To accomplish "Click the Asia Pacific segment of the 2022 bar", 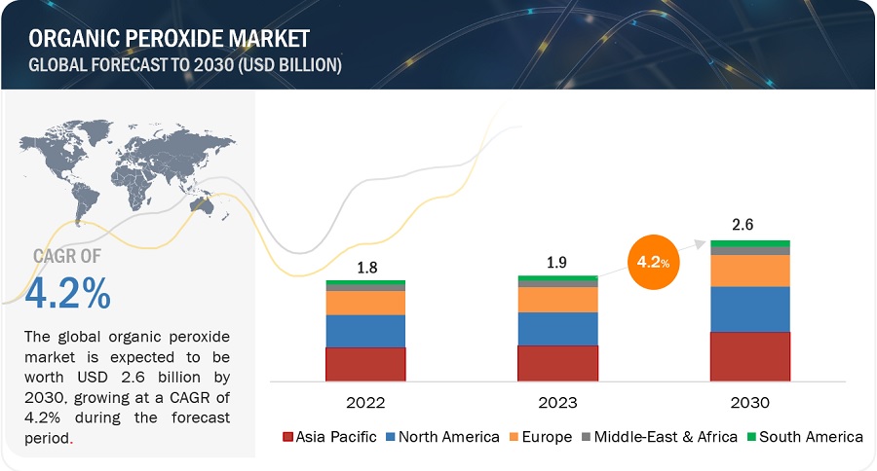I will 365,364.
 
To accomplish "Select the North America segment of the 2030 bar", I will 749,308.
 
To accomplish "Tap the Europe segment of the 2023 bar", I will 557,299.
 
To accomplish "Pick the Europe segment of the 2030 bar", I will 749,270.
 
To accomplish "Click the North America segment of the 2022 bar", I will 365,331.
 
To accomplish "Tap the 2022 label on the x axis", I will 365,402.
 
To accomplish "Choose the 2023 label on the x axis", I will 557,402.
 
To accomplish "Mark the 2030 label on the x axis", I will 749,402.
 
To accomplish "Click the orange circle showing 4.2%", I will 654,262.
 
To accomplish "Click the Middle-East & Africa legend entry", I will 660,437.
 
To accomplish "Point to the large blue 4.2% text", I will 68,293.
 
